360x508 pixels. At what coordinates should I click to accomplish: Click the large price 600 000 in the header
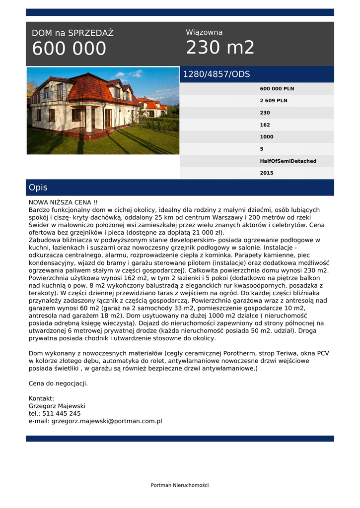[69, 49]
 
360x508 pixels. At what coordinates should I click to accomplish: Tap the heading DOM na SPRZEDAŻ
[72, 33]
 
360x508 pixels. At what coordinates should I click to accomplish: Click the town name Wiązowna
[204, 32]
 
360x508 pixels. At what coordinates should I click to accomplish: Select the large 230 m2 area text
[220, 48]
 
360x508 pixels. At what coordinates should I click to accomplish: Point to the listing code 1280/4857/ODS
[216, 74]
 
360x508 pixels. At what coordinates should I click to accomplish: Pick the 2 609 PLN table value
[274, 101]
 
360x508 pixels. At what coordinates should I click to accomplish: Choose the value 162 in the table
[265, 125]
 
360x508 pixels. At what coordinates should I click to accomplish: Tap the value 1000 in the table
[267, 137]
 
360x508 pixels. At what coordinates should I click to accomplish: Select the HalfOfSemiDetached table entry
[288, 161]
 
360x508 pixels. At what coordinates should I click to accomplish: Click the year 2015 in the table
[267, 173]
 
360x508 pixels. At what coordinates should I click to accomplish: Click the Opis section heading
[38, 188]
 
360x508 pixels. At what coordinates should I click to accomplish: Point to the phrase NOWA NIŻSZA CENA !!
[63, 202]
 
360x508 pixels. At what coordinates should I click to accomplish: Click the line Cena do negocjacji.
[58, 383]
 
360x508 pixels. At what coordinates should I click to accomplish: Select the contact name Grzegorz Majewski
[57, 406]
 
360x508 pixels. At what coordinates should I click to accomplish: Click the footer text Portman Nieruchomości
[180, 485]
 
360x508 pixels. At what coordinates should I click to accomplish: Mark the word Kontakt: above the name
[41, 398]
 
